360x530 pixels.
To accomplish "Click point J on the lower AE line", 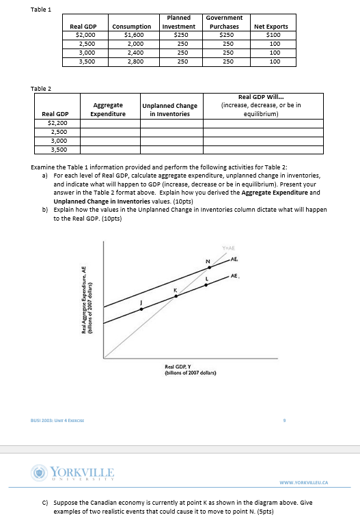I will pyautogui.click(x=141, y=309).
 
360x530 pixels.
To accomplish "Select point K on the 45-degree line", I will pyautogui.click(x=176, y=295).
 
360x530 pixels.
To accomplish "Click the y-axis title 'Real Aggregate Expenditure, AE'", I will pyautogui.click(x=87, y=299).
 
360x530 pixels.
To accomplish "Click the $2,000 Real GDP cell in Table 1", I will pyautogui.click(x=85, y=34).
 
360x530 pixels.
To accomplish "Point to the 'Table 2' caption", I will pyautogui.click(x=41, y=88).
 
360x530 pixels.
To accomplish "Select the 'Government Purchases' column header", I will pyautogui.click(x=225, y=22).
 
